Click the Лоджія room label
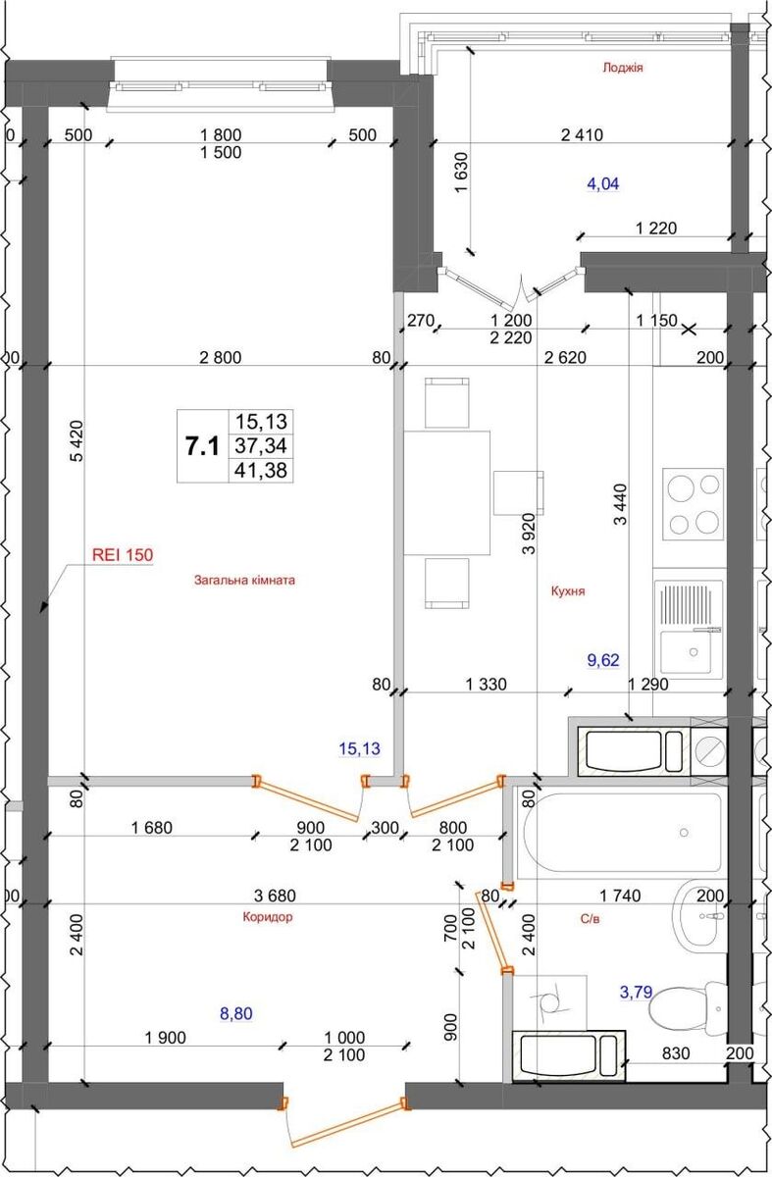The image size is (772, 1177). pyautogui.click(x=623, y=68)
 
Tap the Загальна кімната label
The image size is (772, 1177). pyautogui.click(x=244, y=581)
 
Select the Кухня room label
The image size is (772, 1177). pyautogui.click(x=568, y=591)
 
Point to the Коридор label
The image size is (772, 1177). pyautogui.click(x=268, y=917)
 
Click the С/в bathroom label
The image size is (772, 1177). pyautogui.click(x=590, y=919)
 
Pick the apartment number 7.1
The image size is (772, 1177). pyautogui.click(x=202, y=446)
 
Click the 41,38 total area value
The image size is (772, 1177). pyautogui.click(x=261, y=470)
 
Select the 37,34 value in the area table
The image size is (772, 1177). pyautogui.click(x=261, y=446)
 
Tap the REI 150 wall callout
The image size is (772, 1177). pyautogui.click(x=123, y=555)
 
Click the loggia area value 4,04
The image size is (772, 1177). pyautogui.click(x=602, y=184)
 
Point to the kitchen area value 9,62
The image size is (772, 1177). pyautogui.click(x=603, y=660)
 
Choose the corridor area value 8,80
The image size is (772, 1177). pyautogui.click(x=236, y=1013)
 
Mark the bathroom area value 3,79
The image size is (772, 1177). pyautogui.click(x=636, y=992)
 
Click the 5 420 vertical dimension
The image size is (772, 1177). pyautogui.click(x=77, y=441)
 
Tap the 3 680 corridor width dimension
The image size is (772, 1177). pyautogui.click(x=275, y=896)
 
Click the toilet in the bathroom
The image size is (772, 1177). pyautogui.click(x=688, y=1008)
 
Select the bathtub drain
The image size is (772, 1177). pyautogui.click(x=684, y=833)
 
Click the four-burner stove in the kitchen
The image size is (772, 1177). pyautogui.click(x=694, y=504)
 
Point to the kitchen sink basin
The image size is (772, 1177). pyautogui.click(x=686, y=652)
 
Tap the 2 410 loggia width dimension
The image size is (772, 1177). pyautogui.click(x=582, y=135)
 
